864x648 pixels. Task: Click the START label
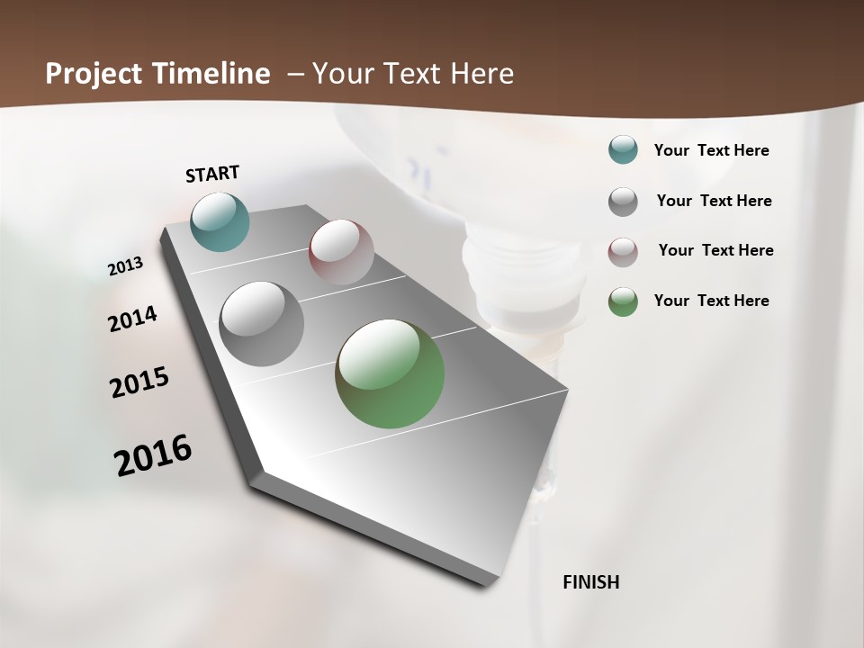click(x=212, y=174)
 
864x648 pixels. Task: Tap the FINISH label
click(x=590, y=582)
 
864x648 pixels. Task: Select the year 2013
click(x=125, y=266)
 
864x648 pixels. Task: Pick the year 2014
click(x=132, y=319)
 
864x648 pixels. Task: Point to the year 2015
click(x=139, y=382)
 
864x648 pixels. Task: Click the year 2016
click(x=153, y=455)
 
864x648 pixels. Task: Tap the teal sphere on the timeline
click(x=220, y=221)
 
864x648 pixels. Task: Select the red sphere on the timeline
click(x=341, y=252)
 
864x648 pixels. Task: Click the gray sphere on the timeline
click(x=262, y=324)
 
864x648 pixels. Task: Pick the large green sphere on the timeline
click(x=390, y=373)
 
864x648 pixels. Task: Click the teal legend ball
click(x=623, y=150)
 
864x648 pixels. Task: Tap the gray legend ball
click(x=623, y=202)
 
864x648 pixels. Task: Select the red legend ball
click(x=623, y=252)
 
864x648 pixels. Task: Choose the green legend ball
click(x=623, y=301)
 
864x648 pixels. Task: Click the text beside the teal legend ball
click(x=711, y=150)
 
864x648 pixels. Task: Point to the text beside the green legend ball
click(x=711, y=301)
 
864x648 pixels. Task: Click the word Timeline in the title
click(x=213, y=74)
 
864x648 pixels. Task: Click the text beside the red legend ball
click(x=715, y=250)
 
